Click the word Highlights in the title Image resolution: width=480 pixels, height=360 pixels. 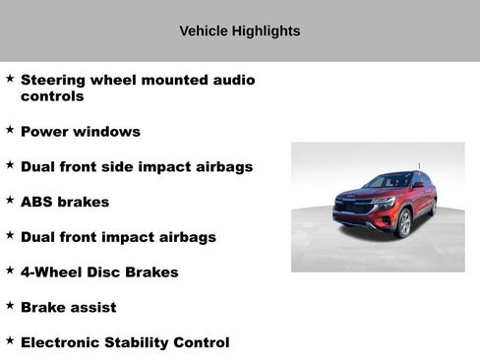click(266, 31)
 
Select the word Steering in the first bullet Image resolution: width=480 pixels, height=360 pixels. click(56, 80)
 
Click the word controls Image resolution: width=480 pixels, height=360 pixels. click(52, 96)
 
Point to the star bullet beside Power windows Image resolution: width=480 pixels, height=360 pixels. click(10, 130)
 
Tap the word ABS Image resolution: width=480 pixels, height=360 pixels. click(37, 202)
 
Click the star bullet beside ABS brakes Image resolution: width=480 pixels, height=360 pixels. click(10, 200)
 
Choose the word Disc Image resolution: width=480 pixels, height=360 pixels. click(106, 272)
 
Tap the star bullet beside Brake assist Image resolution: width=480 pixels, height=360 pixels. click(10, 306)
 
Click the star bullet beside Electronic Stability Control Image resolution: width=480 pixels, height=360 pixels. click(10, 340)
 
